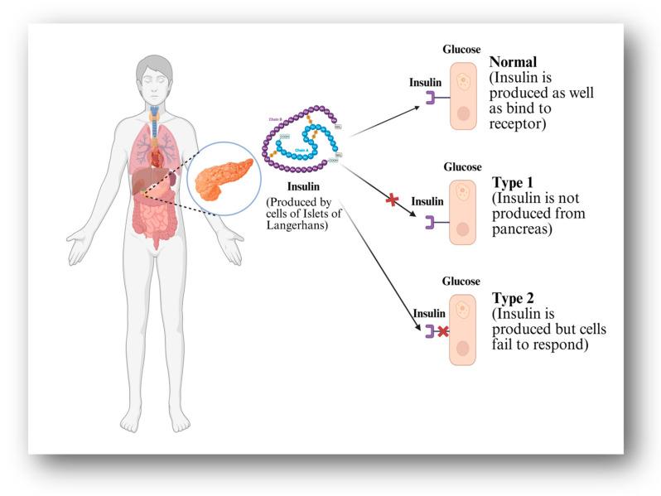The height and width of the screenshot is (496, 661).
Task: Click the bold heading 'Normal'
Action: pyautogui.click(x=513, y=62)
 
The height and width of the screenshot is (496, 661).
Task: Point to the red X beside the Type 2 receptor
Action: pyautogui.click(x=443, y=331)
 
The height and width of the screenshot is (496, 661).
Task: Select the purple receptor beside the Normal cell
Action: pyautogui.click(x=432, y=99)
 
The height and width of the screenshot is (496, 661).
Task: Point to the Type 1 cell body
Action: pyautogui.click(x=463, y=213)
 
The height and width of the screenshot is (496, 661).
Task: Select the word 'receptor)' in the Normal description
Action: pyautogui.click(x=519, y=123)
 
